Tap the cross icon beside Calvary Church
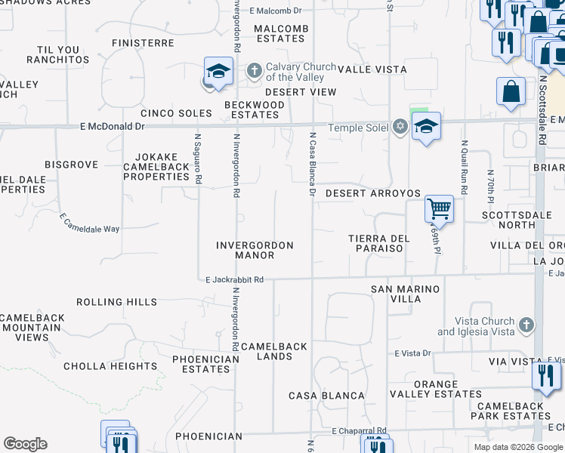click(255, 72)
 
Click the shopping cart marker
click(439, 208)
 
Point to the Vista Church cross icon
click(527, 325)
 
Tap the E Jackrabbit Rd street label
click(235, 279)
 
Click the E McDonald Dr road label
click(112, 128)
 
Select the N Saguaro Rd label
click(199, 160)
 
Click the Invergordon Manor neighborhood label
click(255, 250)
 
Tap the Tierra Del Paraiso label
click(379, 244)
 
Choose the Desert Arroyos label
click(372, 193)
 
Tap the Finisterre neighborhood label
click(143, 43)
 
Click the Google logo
click(25, 444)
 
